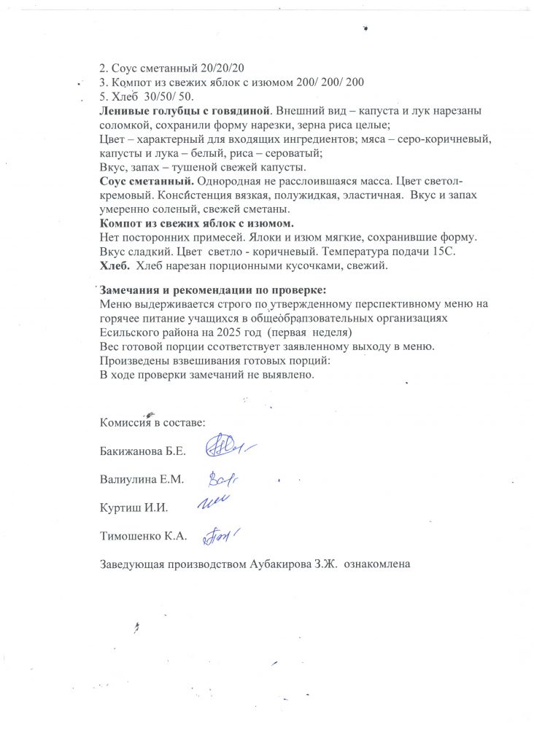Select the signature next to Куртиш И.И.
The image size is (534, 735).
point(214,501)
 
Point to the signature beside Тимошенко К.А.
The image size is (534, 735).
point(221,536)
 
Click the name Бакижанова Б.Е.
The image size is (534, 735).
point(142,451)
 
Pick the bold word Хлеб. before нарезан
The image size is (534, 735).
point(115,266)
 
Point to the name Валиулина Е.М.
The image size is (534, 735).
point(140,479)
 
